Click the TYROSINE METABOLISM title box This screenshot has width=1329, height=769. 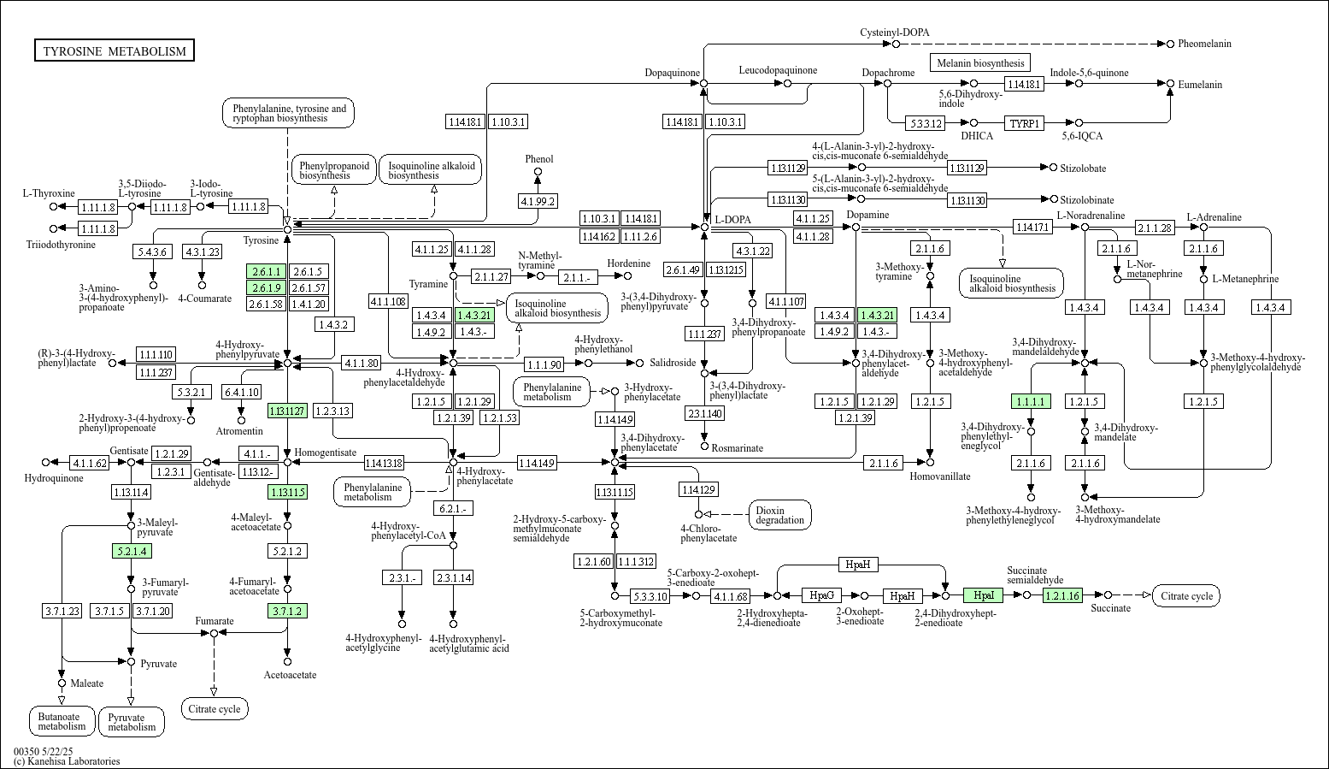[x=115, y=51]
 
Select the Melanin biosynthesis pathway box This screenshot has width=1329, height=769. [x=979, y=63]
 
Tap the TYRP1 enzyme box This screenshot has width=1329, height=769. [x=1024, y=123]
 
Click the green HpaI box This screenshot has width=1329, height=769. [x=983, y=595]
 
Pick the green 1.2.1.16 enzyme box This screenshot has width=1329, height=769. [x=1062, y=595]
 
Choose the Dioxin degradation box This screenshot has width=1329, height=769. [x=779, y=515]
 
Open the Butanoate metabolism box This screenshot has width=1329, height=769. [x=62, y=721]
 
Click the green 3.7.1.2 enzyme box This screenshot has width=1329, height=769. [x=287, y=611]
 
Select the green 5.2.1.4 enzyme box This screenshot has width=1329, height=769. [x=131, y=551]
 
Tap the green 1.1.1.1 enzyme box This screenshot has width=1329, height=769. [x=1031, y=401]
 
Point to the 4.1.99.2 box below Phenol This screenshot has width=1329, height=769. [x=538, y=201]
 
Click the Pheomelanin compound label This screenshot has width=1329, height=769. [x=1204, y=44]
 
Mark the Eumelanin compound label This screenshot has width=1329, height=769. [x=1200, y=85]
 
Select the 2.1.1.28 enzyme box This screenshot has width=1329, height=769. [x=1155, y=228]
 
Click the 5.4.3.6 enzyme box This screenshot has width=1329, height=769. [x=153, y=251]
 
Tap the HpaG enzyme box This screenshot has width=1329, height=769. [x=821, y=595]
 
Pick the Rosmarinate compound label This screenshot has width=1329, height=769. [x=737, y=448]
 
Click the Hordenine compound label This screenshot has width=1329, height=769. [x=628, y=263]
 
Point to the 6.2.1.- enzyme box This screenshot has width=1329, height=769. [x=453, y=508]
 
